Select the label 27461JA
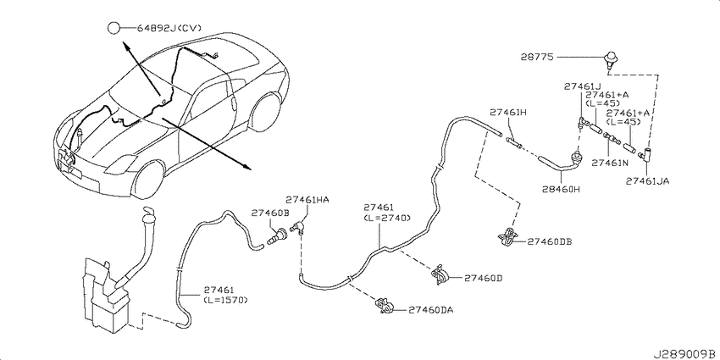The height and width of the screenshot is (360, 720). coord(647,181)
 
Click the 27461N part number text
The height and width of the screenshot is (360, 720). coord(610,163)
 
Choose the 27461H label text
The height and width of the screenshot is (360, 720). coord(508,112)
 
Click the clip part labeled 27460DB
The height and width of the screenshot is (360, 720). coord(508,236)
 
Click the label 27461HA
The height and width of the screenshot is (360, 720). coord(307,200)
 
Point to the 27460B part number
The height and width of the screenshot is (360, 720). coord(270,213)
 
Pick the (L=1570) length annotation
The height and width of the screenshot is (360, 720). coord(226,300)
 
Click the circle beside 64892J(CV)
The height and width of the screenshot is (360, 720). coord(114,29)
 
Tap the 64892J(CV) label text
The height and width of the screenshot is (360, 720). coord(169,29)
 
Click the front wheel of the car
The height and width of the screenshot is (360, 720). coord(148,179)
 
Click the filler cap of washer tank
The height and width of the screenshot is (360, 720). coord(149,214)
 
